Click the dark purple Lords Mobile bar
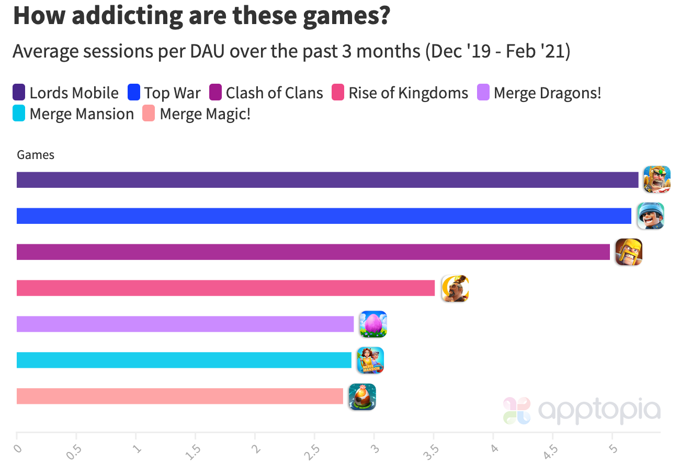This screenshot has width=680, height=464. click(x=327, y=180)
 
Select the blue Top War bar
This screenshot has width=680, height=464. click(x=324, y=216)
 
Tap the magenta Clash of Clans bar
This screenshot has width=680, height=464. click(x=313, y=252)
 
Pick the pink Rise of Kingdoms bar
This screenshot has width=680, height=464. click(x=225, y=288)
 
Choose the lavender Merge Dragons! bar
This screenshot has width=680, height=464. click(x=185, y=324)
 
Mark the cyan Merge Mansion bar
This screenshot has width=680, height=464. click(x=184, y=360)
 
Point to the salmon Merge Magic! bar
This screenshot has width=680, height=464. click(x=180, y=396)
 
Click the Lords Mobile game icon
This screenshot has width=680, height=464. click(x=656, y=179)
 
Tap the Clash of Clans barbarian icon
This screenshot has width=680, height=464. click(x=628, y=252)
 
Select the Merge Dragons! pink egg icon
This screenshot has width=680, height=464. click(x=373, y=324)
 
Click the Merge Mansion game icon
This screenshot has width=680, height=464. click(x=370, y=360)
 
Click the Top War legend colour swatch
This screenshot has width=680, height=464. click(x=134, y=93)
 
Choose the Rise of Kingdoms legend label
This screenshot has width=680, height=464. click(x=408, y=93)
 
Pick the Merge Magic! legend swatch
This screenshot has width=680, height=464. click(x=149, y=114)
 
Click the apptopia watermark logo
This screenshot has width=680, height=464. click(x=582, y=411)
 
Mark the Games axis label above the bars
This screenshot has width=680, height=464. click(x=36, y=155)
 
